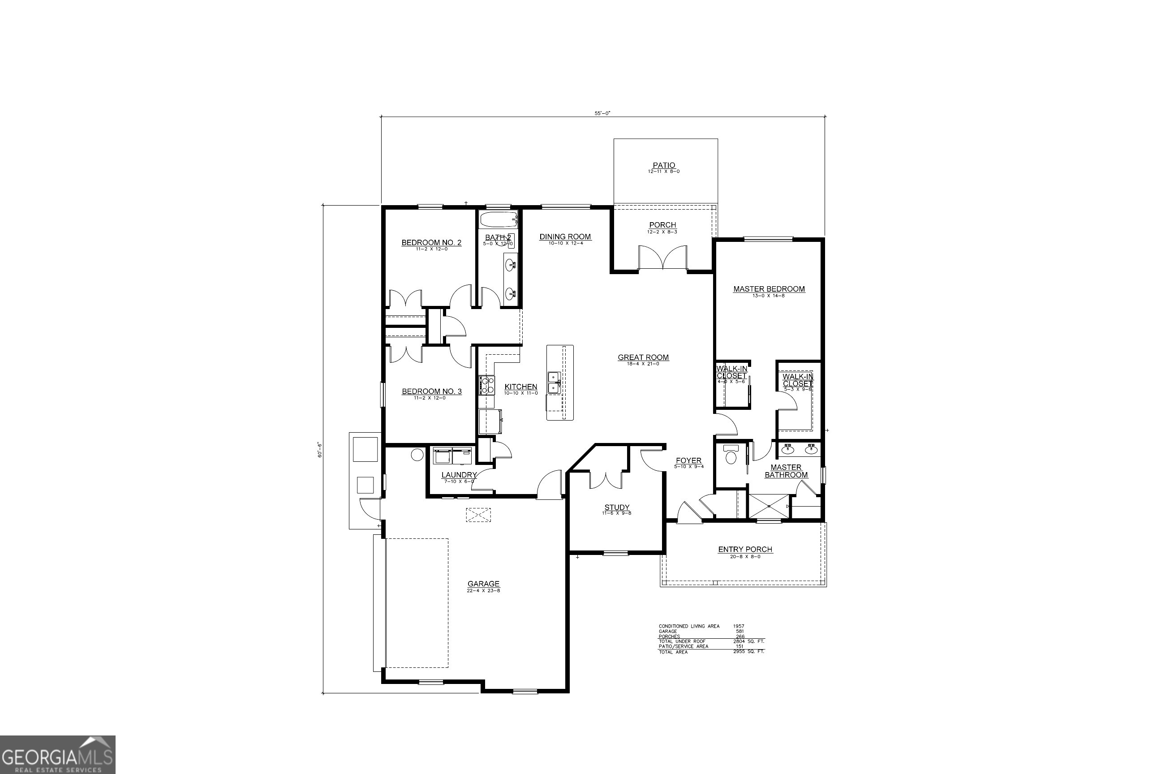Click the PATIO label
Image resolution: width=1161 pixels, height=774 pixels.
pyautogui.click(x=663, y=165)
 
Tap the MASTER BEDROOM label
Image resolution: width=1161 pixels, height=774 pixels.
pyautogui.click(x=769, y=289)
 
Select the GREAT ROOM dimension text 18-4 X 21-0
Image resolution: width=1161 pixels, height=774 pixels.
pyautogui.click(x=643, y=364)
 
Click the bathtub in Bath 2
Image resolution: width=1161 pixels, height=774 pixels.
pyautogui.click(x=499, y=219)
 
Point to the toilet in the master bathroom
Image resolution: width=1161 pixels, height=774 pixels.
pyautogui.click(x=731, y=455)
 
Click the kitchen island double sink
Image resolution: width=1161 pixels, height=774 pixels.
pyautogui.click(x=554, y=383)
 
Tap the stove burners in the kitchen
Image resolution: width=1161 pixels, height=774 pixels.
pyautogui.click(x=487, y=385)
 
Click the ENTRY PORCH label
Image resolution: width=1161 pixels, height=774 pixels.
pyautogui.click(x=745, y=550)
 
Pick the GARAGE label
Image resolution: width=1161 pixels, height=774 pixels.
pyautogui.click(x=483, y=584)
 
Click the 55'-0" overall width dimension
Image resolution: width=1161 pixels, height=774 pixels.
pyautogui.click(x=602, y=113)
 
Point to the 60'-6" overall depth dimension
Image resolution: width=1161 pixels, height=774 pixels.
pyautogui.click(x=319, y=449)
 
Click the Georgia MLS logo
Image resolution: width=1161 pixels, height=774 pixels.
pyautogui.click(x=57, y=754)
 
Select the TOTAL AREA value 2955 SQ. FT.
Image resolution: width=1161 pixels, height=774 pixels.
pyautogui.click(x=748, y=652)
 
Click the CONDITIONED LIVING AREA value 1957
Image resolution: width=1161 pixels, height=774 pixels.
pyautogui.click(x=738, y=626)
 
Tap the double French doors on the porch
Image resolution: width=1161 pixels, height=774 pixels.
pyautogui.click(x=662, y=258)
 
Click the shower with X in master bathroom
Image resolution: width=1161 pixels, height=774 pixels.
pyautogui.click(x=769, y=506)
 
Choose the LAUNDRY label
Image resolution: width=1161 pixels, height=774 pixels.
pyautogui.click(x=459, y=475)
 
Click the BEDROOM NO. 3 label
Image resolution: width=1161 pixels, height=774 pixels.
pyautogui.click(x=431, y=391)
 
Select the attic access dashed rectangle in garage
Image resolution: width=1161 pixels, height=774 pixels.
pyautogui.click(x=478, y=515)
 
